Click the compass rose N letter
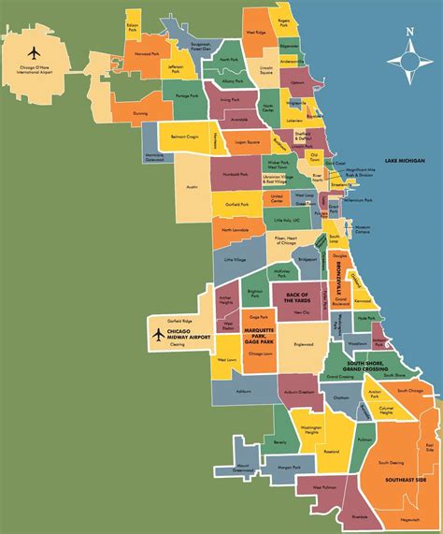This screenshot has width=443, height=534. click(407, 34)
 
